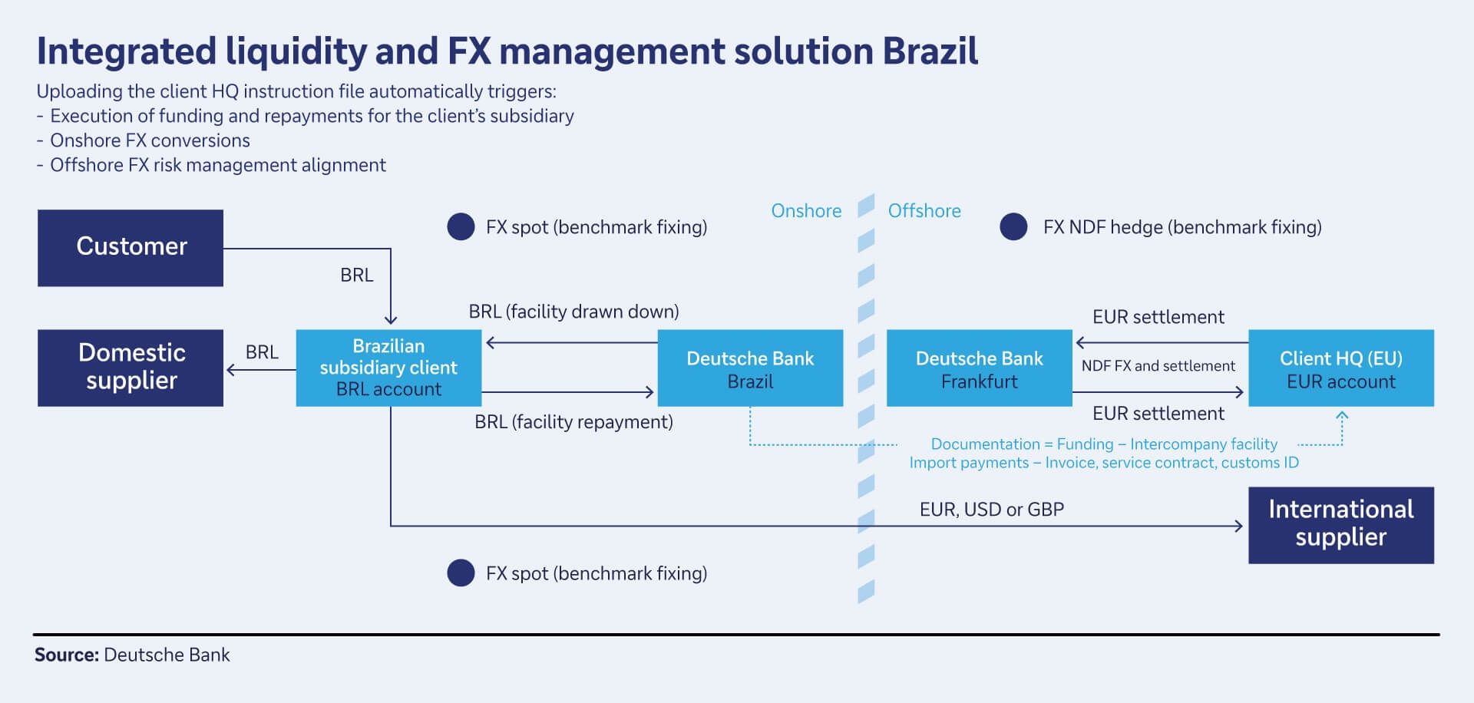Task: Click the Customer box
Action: (131, 247)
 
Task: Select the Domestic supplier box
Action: (131, 368)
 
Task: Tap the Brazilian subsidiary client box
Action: (388, 368)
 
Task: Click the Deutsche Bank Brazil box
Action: (750, 368)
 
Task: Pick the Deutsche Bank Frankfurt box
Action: (979, 368)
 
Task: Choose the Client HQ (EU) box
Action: (1340, 368)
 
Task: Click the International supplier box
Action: (1340, 525)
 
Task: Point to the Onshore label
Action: (806, 211)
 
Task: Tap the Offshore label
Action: (924, 211)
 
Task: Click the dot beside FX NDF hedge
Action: (1013, 227)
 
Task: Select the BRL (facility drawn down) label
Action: (573, 312)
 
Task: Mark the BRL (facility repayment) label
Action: (573, 422)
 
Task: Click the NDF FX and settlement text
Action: (1158, 366)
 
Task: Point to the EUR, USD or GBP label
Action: (991, 510)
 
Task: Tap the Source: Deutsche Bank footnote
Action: (132, 655)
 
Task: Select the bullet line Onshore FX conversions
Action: (150, 140)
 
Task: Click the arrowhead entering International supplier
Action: (1238, 526)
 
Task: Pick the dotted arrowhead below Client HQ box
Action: (1342, 416)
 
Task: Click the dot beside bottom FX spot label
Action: (461, 573)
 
